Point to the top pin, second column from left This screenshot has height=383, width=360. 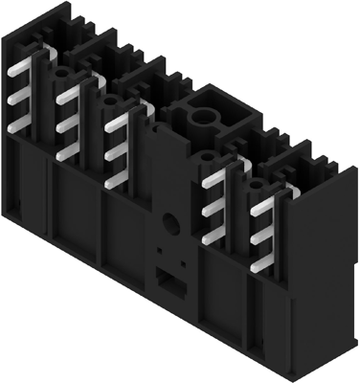[68, 95]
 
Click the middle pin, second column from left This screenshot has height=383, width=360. [68, 123]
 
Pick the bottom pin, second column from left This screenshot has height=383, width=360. [68, 151]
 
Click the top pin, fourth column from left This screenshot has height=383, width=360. [214, 177]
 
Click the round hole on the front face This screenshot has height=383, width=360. [169, 223]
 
